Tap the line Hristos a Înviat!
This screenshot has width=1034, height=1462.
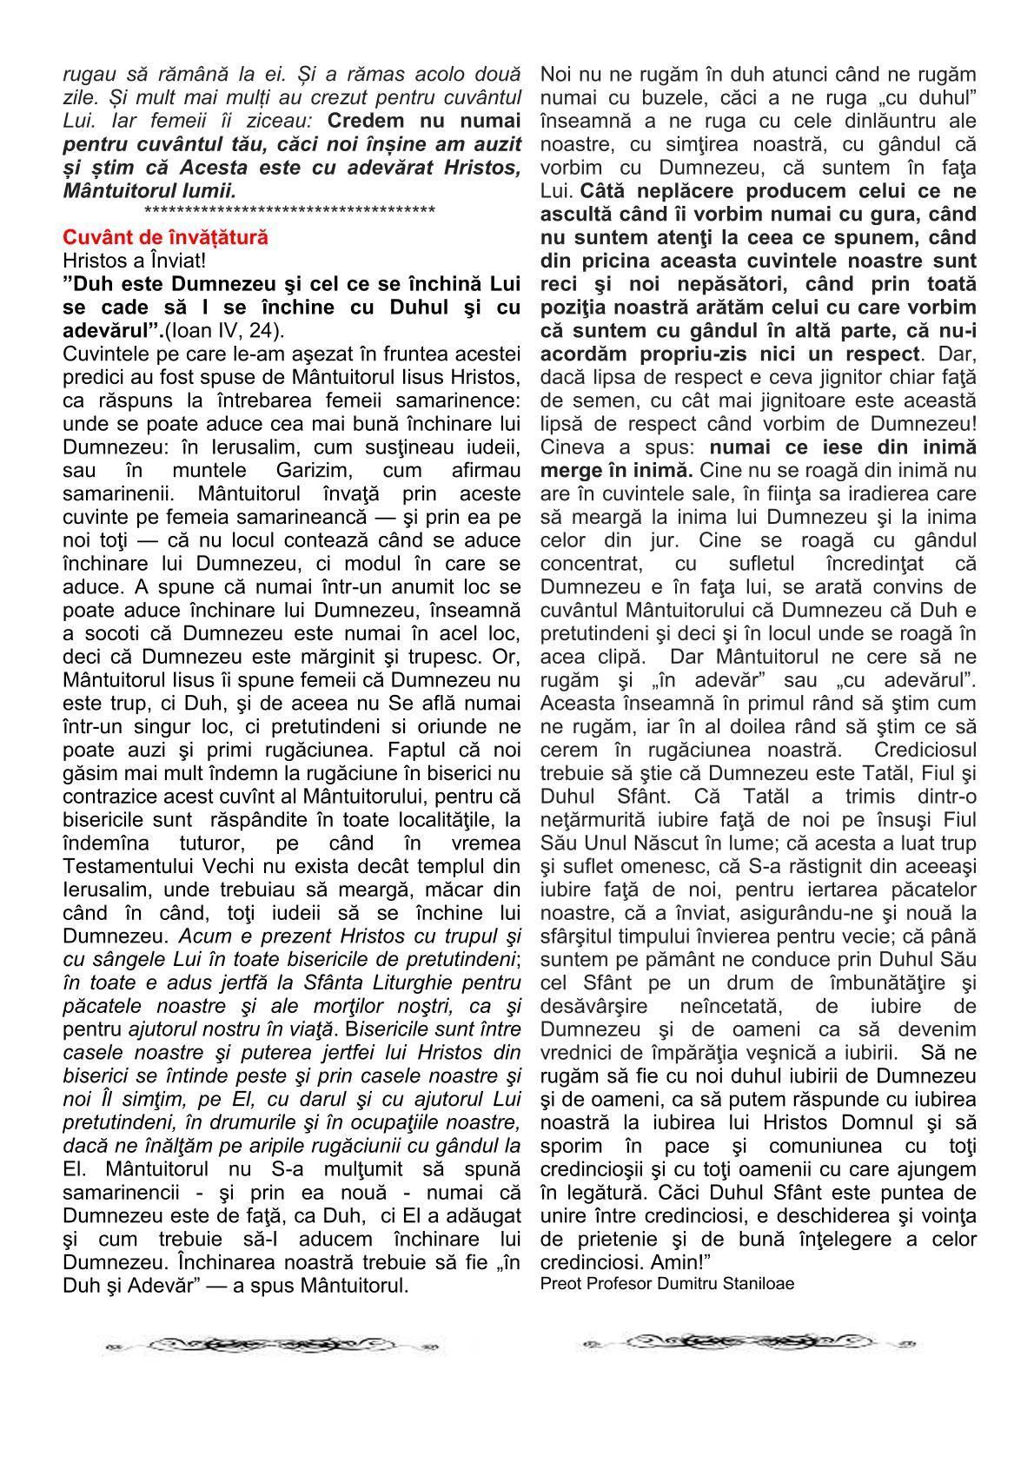point(134,260)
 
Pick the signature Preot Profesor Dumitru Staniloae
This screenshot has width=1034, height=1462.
point(666,1283)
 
